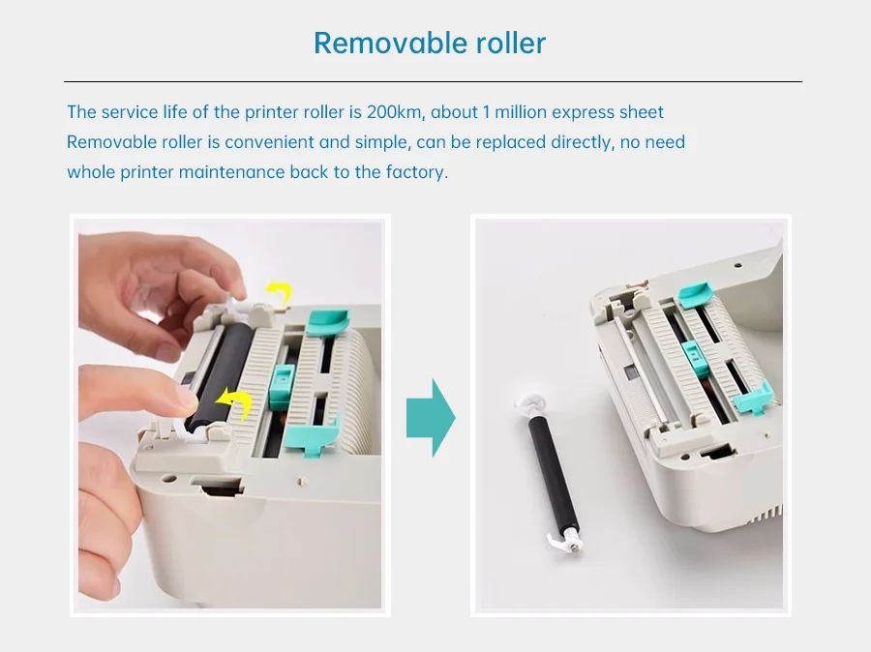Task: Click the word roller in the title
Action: (x=511, y=43)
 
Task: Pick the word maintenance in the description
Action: (x=231, y=172)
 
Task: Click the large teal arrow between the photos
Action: (x=431, y=418)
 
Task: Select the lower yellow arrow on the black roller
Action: (x=234, y=403)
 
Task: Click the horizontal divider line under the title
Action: (x=433, y=81)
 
